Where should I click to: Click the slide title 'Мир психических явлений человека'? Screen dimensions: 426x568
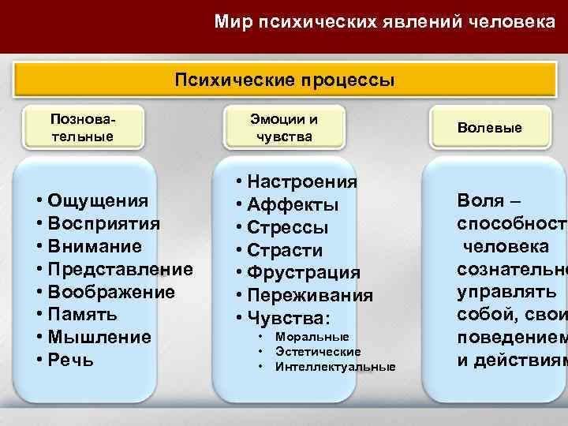pos(384,23)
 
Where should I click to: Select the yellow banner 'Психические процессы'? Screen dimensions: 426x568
pos(286,80)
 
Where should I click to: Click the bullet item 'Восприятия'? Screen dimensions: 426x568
pos(103,223)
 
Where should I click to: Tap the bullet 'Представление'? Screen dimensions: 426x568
pos(120,269)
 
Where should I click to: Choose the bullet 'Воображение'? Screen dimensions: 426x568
pos(111,292)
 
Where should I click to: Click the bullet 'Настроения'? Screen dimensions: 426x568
pos(304,182)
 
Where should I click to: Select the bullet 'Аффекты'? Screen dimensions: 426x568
pos(293,205)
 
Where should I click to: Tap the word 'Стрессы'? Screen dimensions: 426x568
pos(289,228)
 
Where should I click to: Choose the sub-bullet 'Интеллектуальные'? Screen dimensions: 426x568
pos(335,367)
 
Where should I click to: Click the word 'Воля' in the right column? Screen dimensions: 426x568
pos(476,200)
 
